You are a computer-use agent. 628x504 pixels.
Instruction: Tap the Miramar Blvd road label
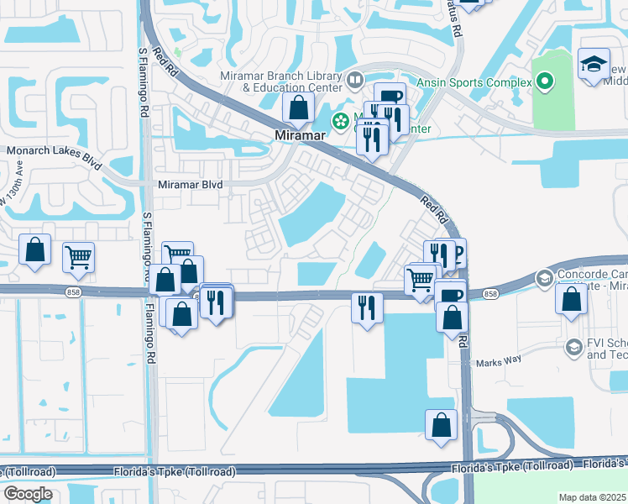pyautogui.click(x=191, y=183)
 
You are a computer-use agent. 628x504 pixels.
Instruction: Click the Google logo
pyautogui.click(x=28, y=494)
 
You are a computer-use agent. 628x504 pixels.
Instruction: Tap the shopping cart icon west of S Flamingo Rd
pyautogui.click(x=78, y=256)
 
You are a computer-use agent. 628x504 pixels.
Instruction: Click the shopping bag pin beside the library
pyautogui.click(x=298, y=107)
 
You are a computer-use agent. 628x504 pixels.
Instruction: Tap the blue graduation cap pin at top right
pyautogui.click(x=594, y=64)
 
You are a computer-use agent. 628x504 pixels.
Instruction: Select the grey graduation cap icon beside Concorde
pyautogui.click(x=544, y=277)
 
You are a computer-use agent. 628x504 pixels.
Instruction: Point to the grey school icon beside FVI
pyautogui.click(x=574, y=347)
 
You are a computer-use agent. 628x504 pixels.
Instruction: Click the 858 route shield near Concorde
pyautogui.click(x=491, y=294)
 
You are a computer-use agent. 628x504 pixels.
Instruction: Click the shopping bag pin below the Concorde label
pyautogui.click(x=571, y=298)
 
